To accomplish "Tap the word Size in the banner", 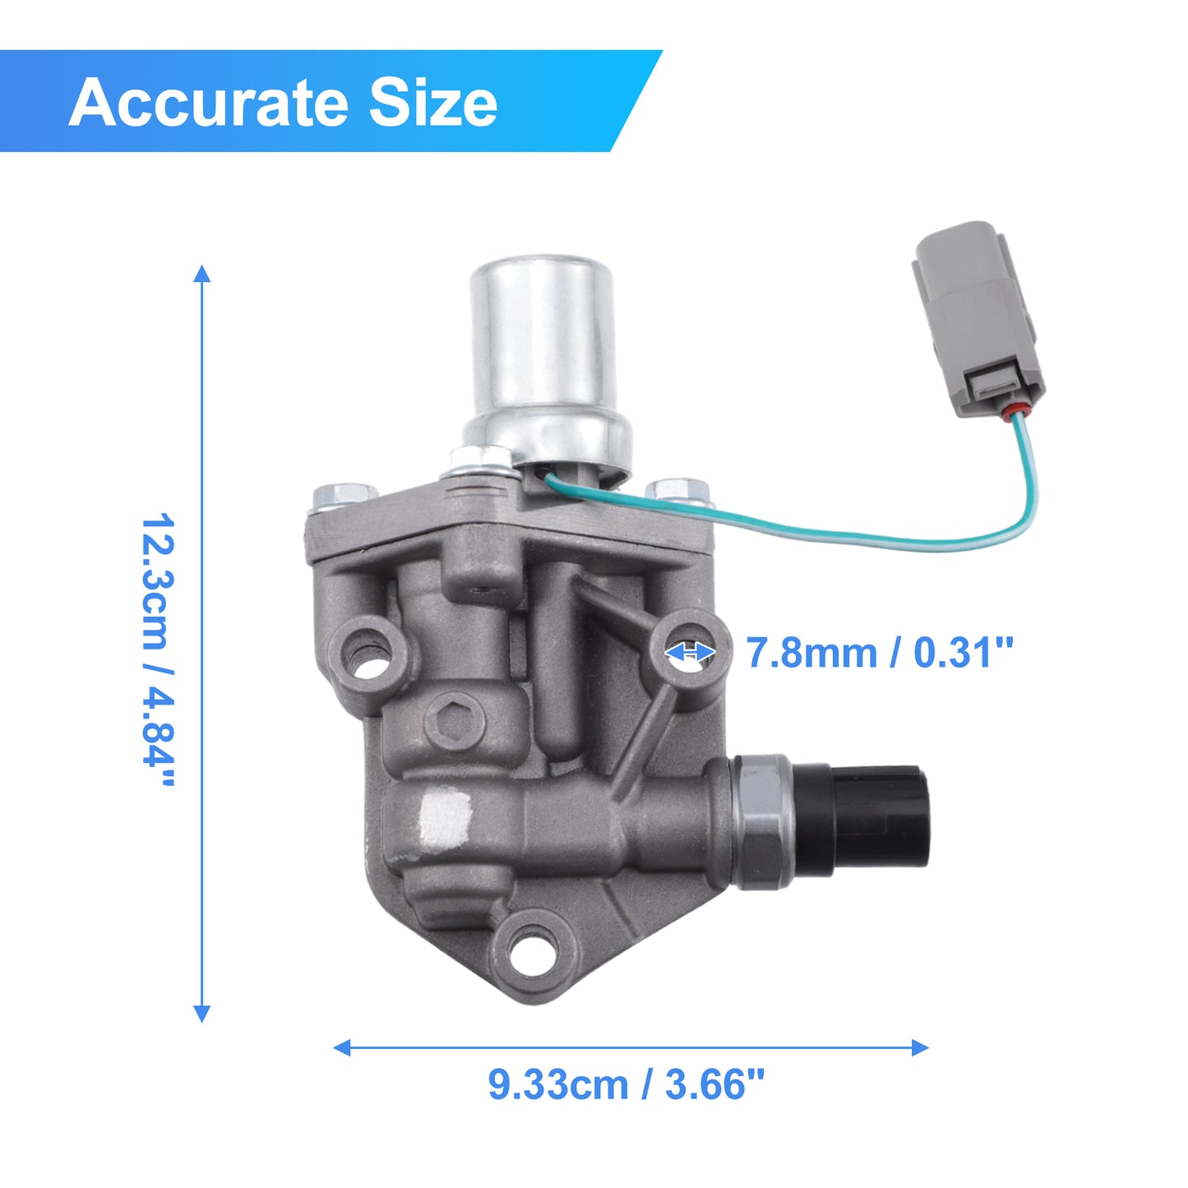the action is pos(432,102).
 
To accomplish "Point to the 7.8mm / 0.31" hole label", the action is pos(880,652).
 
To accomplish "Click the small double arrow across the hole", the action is pos(690,652).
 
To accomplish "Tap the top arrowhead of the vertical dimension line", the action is pos(202,275).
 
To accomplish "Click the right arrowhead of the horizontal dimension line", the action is pos(919,1047).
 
